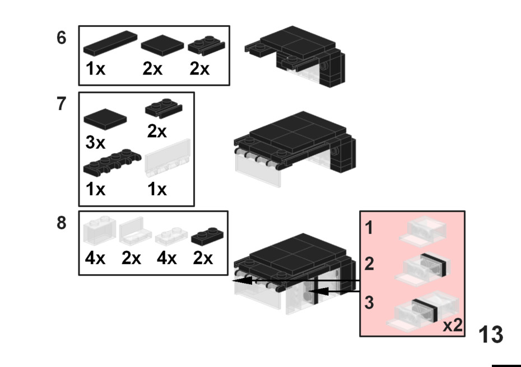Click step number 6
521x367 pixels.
click(62, 38)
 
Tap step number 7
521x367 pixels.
click(62, 104)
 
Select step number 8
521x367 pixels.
click(62, 223)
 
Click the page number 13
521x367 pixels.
click(491, 335)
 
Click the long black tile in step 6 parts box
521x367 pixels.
click(110, 43)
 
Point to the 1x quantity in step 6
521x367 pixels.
click(95, 69)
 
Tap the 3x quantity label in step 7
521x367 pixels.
click(95, 143)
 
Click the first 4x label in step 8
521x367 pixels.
click(95, 259)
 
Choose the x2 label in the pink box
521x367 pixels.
click(453, 326)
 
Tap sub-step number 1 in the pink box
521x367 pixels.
click(369, 228)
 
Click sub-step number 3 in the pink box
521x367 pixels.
click(369, 303)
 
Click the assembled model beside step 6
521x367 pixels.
click(300, 56)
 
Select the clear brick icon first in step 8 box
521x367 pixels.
click(99, 232)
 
